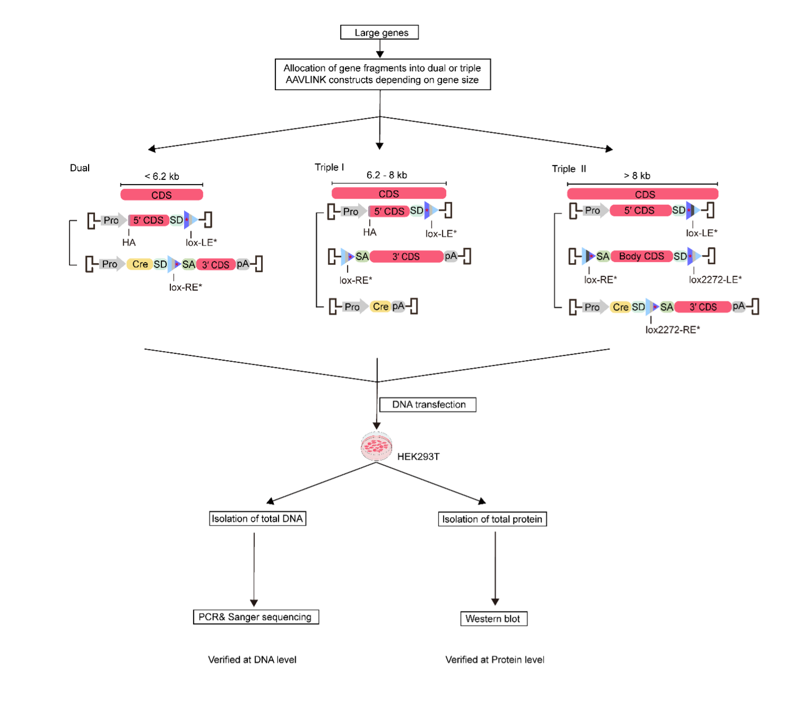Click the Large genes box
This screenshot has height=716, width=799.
379,32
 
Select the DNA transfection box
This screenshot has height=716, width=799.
428,405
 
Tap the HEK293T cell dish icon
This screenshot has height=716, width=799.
376,447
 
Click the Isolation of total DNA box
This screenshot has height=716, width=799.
257,519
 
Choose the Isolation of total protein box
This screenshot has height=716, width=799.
492,519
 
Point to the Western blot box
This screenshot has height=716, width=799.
493,618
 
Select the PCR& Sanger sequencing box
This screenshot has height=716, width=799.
255,617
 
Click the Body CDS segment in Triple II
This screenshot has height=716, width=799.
641,256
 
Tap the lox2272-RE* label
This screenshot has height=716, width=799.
672,329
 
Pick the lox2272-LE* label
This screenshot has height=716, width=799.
715,280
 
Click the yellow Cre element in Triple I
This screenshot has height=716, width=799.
380,307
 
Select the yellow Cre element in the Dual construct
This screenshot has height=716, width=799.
140,264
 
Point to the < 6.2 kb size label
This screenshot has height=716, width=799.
162,176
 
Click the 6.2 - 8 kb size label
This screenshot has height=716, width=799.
387,175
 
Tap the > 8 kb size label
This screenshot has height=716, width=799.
637,176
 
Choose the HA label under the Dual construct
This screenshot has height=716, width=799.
129,242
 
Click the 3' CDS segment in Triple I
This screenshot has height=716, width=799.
406,257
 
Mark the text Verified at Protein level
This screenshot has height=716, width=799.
494,659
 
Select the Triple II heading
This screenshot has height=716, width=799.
569,169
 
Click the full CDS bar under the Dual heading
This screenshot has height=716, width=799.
162,195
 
